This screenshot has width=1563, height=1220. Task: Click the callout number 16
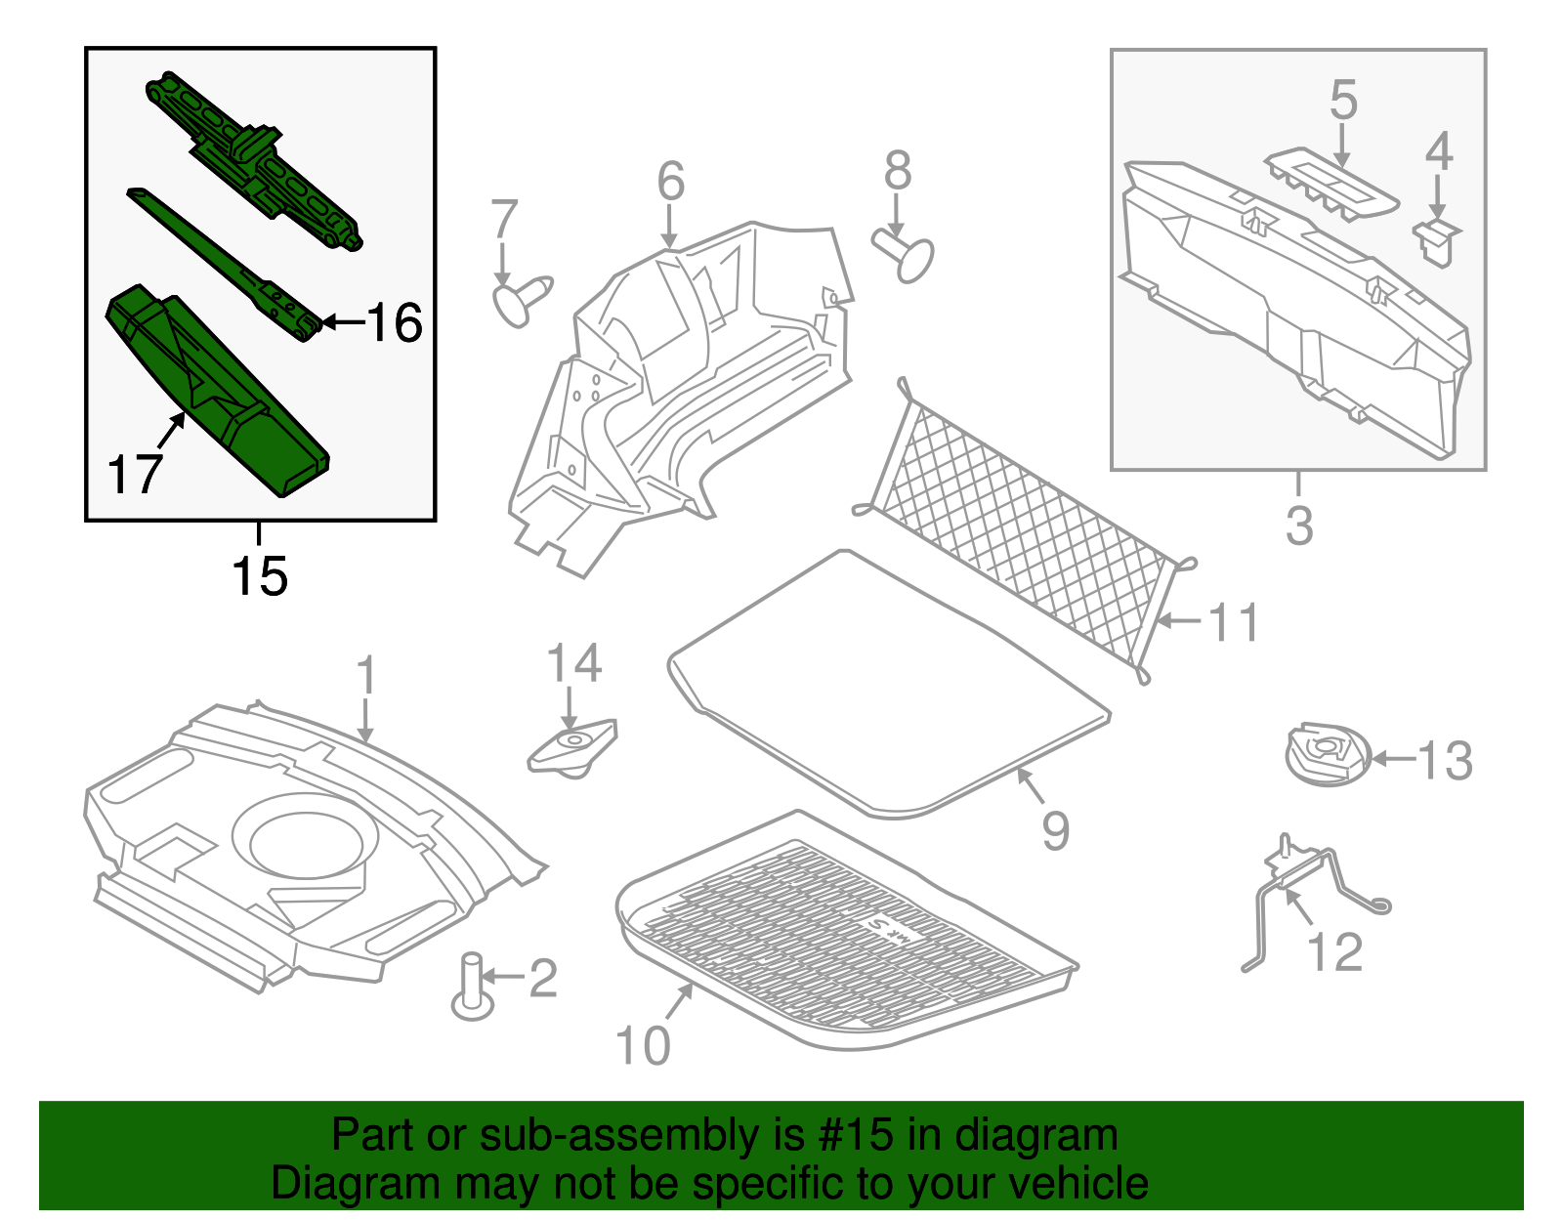pos(395,322)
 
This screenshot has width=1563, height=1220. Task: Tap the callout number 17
pos(134,476)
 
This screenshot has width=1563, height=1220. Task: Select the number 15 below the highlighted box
pos(259,576)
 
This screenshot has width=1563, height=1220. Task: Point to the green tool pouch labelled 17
pos(215,391)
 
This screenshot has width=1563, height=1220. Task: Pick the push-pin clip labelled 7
pos(523,298)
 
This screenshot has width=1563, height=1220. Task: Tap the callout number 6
pos(670,182)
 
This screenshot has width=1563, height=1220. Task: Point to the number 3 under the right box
pos(1298,526)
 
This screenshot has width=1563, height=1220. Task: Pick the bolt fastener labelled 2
pos(473,987)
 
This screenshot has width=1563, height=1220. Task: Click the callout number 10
pos(643,1045)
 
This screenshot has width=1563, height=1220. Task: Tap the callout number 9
pos(1055,831)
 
